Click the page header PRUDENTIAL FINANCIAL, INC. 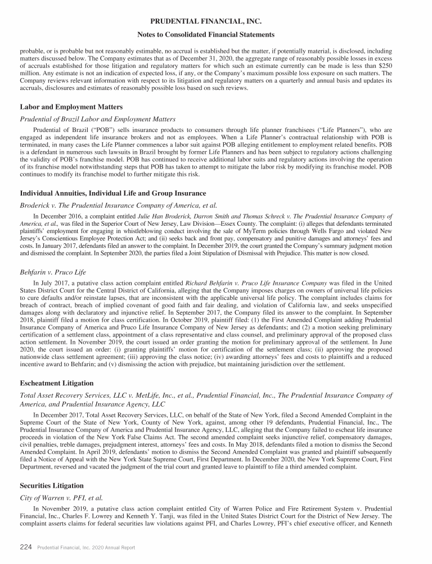216,21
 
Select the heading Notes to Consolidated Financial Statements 216,35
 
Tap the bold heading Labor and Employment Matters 71,107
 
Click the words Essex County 240,222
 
